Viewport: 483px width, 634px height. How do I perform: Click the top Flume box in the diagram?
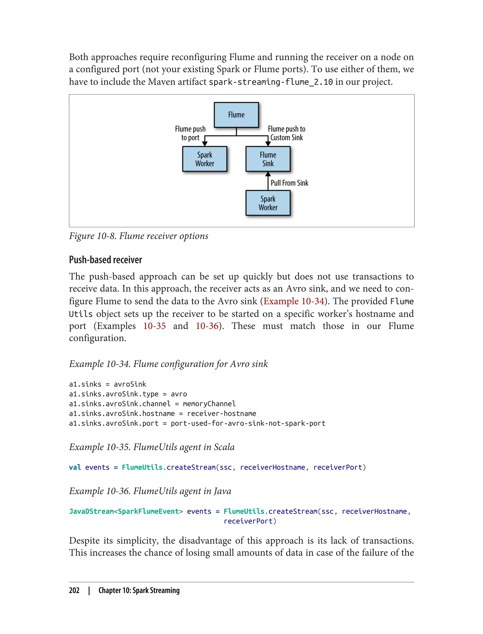pos(236,115)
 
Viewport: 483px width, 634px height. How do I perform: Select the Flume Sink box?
pos(268,159)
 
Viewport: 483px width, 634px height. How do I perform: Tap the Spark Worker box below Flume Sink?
pos(268,203)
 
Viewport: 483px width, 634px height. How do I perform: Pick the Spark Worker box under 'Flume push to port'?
pos(204,159)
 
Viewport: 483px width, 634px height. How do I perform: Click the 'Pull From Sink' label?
pos(289,183)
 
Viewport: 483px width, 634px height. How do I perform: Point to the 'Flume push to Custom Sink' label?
pos(286,133)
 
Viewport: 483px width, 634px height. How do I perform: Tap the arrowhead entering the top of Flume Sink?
pos(268,144)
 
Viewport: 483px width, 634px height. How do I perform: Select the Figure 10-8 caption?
pos(139,236)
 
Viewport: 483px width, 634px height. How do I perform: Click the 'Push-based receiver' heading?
pos(105,260)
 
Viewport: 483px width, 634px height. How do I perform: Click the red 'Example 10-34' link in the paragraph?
pos(294,301)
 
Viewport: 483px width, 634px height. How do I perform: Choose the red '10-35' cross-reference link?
pos(154,326)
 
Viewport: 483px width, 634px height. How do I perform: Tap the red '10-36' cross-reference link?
pos(207,326)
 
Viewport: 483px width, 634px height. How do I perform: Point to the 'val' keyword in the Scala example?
pos(75,467)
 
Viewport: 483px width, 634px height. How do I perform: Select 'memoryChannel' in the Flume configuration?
pos(209,404)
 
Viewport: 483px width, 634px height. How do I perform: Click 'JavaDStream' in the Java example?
pos(91,511)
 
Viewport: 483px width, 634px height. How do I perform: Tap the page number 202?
pos(74,590)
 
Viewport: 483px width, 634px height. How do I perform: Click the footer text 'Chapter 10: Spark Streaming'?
pos(139,590)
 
